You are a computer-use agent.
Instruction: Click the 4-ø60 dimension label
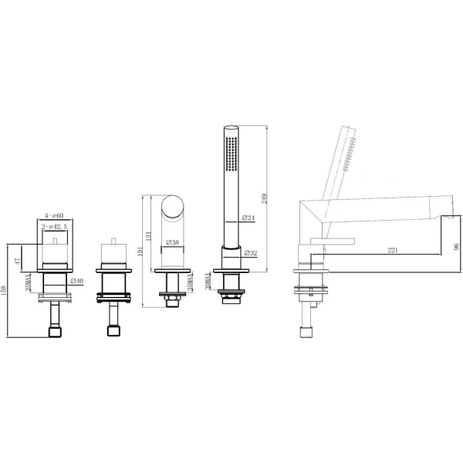pos(54,215)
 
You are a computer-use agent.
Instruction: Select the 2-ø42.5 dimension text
pos(55,227)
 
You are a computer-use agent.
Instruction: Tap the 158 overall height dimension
pos(4,291)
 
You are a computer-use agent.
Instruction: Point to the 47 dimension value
pos(18,261)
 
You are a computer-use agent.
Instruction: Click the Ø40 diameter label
pos(77,281)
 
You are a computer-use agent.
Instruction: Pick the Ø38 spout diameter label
pos(173,242)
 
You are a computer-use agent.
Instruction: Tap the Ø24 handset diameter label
pos(248,218)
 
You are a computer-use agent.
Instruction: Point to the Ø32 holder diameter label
pos(251,253)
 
